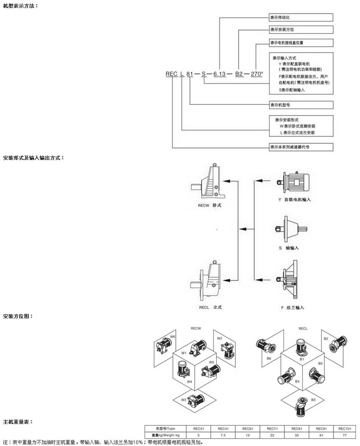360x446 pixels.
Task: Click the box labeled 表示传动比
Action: [301, 18]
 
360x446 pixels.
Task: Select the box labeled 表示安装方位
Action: [301, 30]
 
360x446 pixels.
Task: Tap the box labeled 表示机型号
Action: [301, 105]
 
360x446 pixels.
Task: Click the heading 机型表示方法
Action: [20, 5]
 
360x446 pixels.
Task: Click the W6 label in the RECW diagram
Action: [173, 336]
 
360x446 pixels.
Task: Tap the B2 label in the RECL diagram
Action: [326, 339]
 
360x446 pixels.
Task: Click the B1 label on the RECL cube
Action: [302, 359]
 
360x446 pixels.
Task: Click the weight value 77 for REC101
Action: [344, 435]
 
